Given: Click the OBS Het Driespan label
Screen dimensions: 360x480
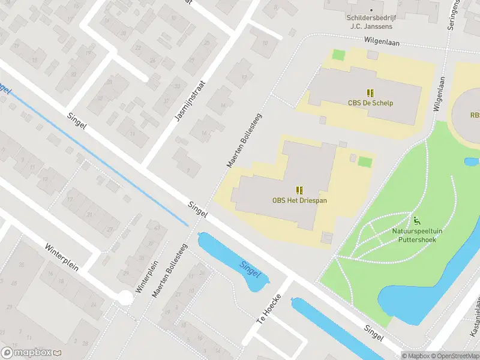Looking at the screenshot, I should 299,200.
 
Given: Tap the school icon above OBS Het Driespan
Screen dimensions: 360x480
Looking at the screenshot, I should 299,190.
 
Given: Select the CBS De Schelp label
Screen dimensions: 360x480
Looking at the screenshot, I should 370,103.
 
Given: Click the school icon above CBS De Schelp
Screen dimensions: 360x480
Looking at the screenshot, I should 371,92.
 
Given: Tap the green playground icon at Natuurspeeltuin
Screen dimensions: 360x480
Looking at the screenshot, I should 416,220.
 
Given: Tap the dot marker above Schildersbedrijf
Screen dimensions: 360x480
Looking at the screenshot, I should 371,10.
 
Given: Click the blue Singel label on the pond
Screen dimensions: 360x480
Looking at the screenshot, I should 250,269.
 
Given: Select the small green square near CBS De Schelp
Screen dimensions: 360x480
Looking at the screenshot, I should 339,55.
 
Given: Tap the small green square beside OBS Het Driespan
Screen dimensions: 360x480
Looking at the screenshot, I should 364,161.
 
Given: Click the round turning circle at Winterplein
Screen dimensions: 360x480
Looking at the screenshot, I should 125,297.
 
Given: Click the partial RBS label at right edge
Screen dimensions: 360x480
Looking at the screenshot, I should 475,115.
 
